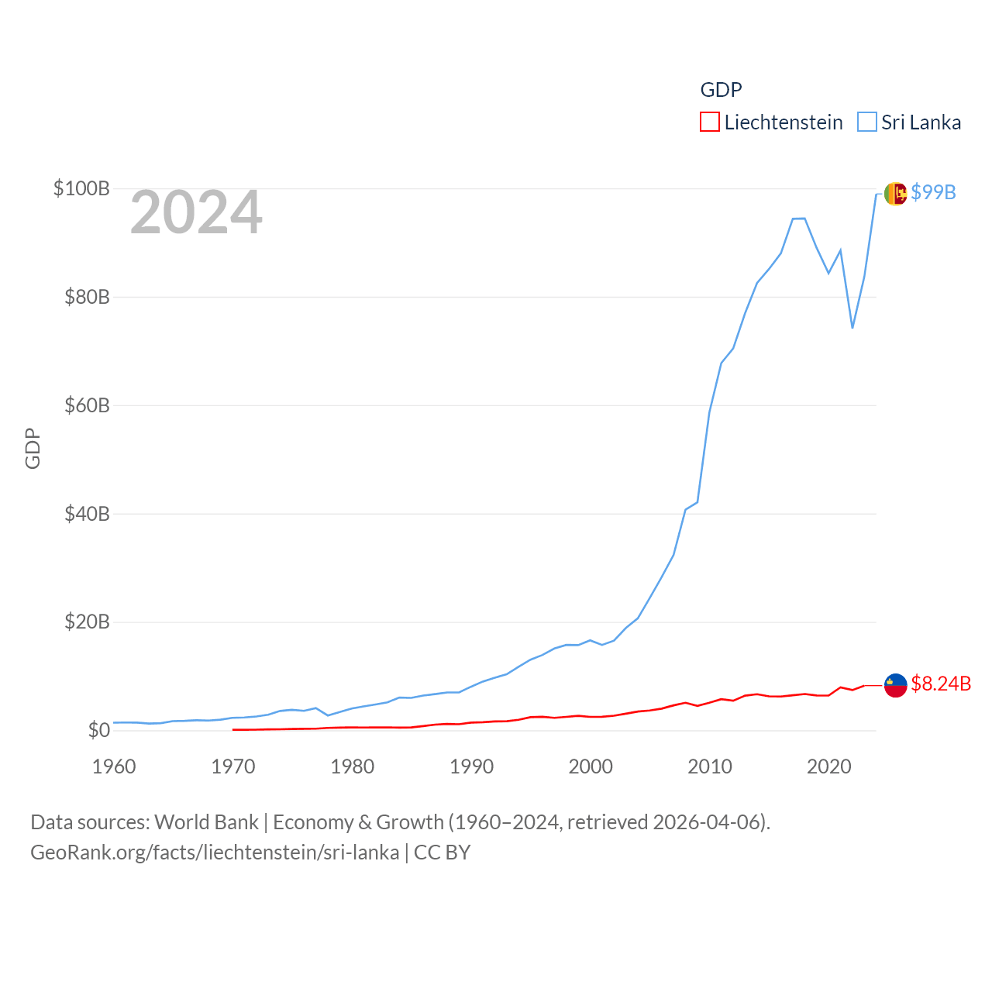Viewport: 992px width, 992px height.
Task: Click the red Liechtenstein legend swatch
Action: click(710, 122)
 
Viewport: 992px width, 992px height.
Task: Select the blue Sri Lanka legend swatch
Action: click(867, 122)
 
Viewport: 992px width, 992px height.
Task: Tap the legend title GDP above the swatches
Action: click(721, 90)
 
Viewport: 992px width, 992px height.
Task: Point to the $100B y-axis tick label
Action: click(81, 188)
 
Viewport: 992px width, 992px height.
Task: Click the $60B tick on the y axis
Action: click(87, 405)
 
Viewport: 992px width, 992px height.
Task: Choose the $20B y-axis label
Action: click(87, 622)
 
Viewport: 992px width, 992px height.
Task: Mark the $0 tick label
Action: click(98, 730)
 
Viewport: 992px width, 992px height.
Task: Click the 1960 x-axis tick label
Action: click(114, 766)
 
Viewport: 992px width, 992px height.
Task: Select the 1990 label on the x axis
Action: click(471, 766)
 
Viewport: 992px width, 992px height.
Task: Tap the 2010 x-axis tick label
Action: click(710, 766)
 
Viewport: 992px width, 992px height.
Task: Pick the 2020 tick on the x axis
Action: click(829, 766)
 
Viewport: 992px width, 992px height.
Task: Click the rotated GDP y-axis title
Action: click(33, 448)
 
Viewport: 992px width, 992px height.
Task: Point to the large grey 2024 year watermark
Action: click(196, 212)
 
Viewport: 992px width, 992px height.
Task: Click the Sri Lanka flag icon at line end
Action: click(895, 194)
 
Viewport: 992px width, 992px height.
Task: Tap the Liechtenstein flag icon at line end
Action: click(895, 685)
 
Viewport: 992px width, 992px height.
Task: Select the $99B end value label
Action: click(933, 192)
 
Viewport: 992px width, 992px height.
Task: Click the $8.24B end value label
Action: click(941, 684)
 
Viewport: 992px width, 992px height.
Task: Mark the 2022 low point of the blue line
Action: click(852, 328)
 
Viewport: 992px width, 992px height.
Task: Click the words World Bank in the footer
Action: click(206, 821)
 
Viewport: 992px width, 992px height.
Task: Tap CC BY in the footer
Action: click(442, 852)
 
